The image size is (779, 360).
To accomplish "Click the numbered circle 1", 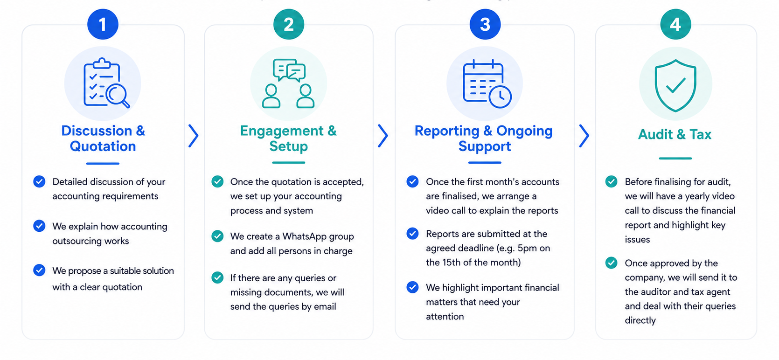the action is coord(103,24).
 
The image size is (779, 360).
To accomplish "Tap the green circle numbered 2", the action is coord(289,24).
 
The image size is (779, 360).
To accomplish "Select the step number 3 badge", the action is coord(485,24).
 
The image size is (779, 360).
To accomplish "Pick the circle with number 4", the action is coord(675,24).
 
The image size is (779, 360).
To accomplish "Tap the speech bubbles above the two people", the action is coord(289,70).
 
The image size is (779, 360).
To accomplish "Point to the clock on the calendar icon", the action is coord(500,97).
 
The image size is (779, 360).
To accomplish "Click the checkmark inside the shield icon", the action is coord(675,85).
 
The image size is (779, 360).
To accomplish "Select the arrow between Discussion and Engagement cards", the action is coord(194,136).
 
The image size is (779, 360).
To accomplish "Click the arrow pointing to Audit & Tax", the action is coord(584,136).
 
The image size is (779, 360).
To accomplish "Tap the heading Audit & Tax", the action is coord(675,134).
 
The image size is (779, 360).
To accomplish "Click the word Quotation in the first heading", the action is coord(103,146).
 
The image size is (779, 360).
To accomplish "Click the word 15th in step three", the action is coord(452,262).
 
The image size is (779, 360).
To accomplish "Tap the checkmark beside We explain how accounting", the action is coord(39,226).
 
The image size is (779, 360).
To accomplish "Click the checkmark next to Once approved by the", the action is coord(611,263).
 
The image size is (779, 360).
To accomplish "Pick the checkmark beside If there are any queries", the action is coord(217,277).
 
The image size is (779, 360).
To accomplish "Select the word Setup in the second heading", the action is coord(289,146).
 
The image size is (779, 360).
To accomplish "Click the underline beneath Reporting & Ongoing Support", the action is coord(485,162).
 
